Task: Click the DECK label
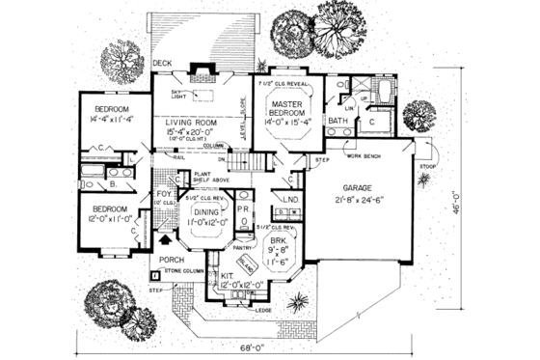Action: point(163,64)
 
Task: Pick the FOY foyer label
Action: point(162,193)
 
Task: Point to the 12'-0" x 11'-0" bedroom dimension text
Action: point(107,218)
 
